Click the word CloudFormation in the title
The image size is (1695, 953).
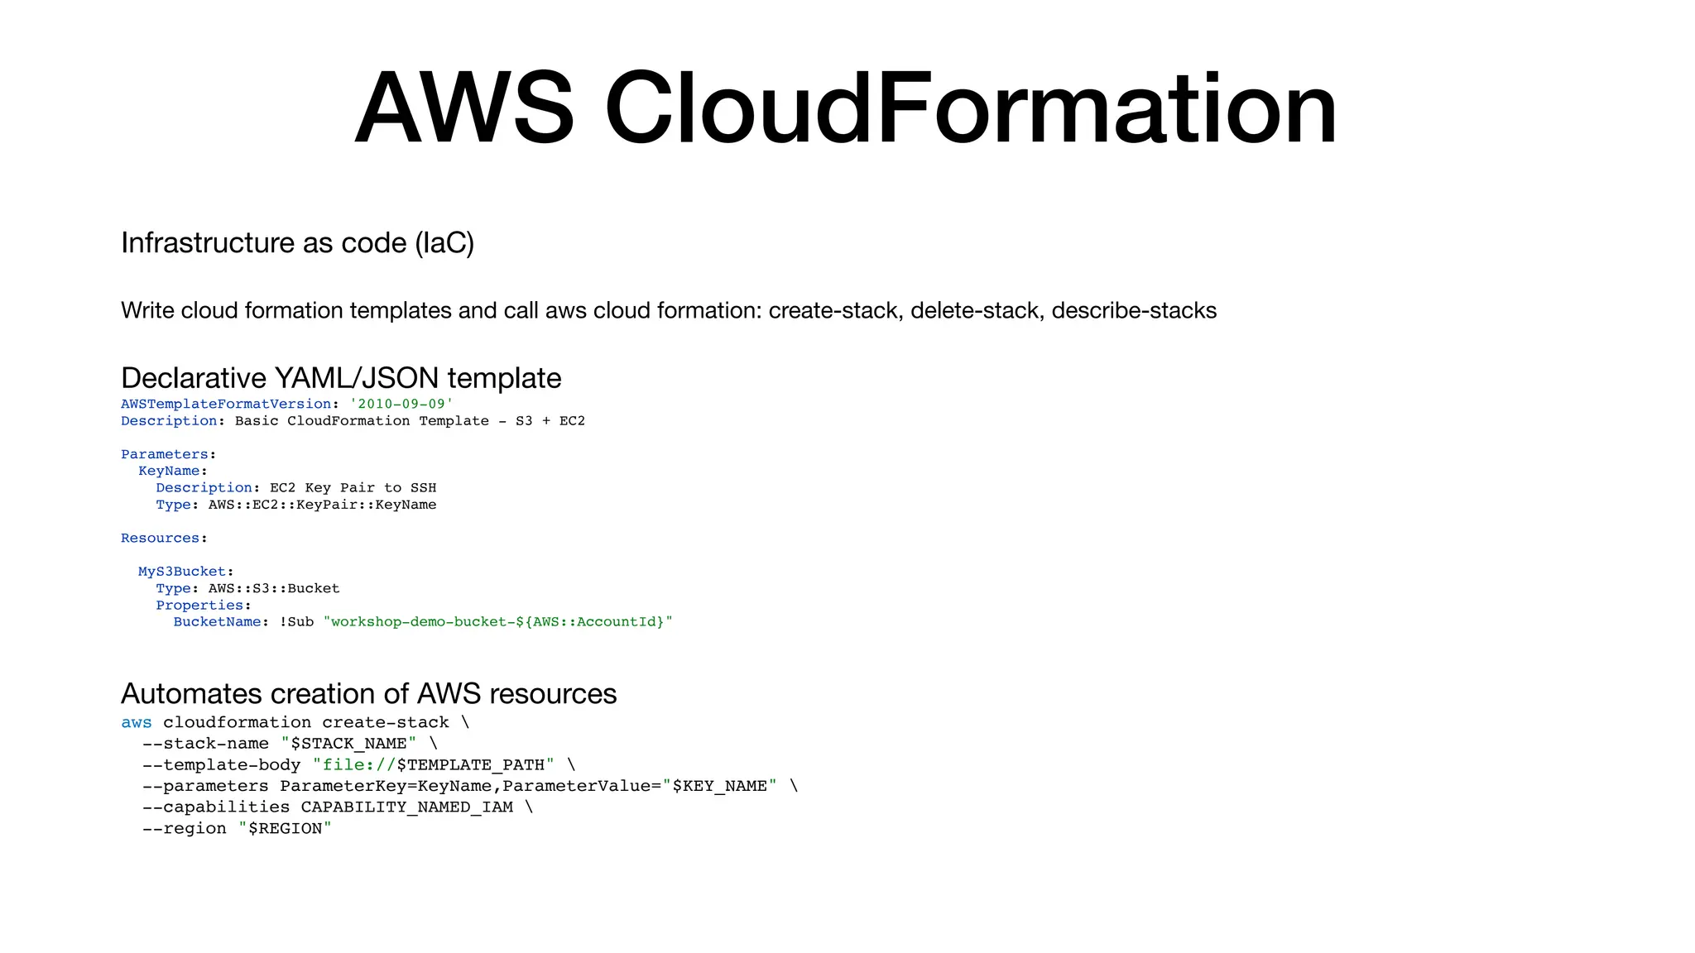coord(970,108)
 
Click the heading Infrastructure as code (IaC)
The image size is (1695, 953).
coord(297,243)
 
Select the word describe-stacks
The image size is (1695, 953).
coord(1133,311)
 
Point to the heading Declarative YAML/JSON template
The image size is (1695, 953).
coord(341,378)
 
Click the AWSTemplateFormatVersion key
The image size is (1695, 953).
coord(226,404)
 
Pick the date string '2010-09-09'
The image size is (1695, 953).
coord(401,404)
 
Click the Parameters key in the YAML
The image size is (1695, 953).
coord(165,454)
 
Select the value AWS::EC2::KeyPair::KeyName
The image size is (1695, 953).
coord(322,505)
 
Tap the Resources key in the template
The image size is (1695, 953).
coord(161,538)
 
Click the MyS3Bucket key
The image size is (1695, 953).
coord(182,572)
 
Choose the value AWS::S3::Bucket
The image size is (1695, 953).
coord(274,588)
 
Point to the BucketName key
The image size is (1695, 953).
coord(217,622)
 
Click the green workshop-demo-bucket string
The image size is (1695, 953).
coord(497,622)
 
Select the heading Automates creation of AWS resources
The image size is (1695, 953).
coord(368,694)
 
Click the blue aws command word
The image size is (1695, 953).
coord(137,722)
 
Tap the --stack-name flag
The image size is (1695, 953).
coord(205,744)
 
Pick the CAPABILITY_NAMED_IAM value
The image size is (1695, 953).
coord(407,807)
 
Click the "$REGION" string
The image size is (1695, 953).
coord(286,829)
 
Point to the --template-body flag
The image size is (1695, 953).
coord(221,765)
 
